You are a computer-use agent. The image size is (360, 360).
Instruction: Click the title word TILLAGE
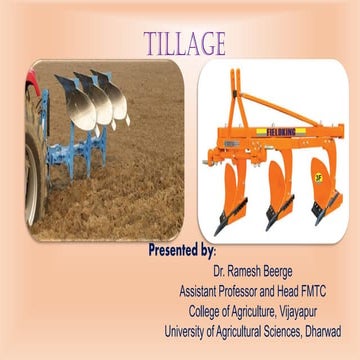(x=185, y=43)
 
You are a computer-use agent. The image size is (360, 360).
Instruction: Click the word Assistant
(x=203, y=291)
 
